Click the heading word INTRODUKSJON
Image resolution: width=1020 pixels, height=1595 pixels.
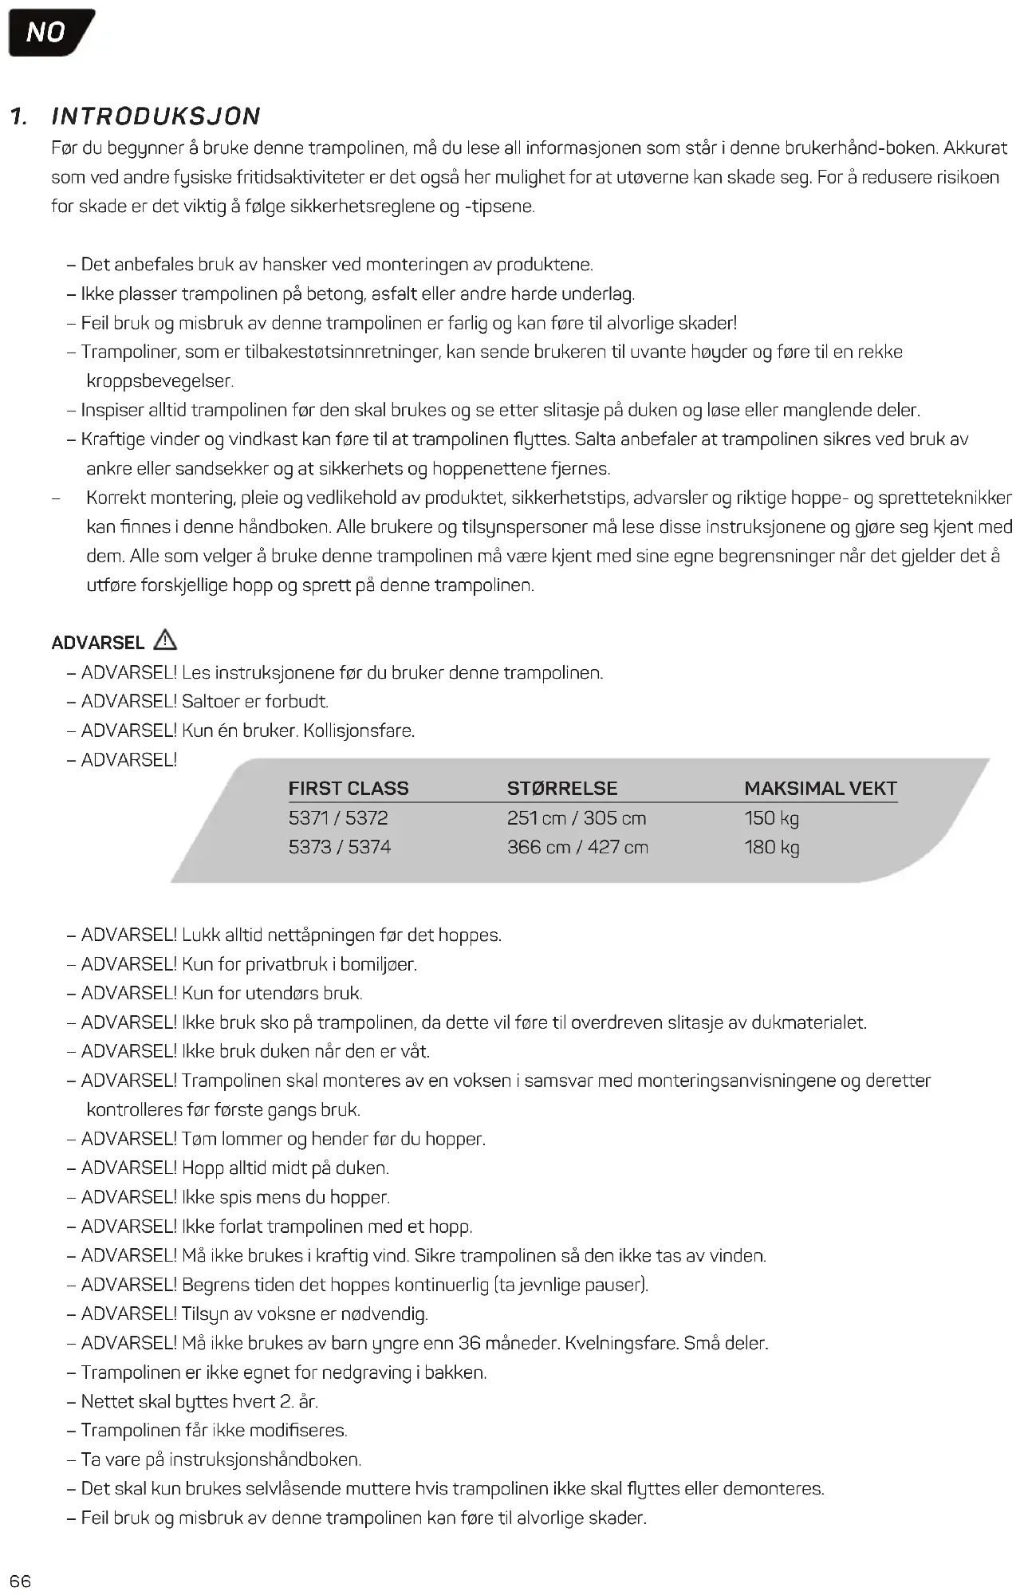point(156,116)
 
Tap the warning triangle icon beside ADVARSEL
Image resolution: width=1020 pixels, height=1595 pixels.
point(165,640)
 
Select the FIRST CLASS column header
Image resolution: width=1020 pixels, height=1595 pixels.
point(349,789)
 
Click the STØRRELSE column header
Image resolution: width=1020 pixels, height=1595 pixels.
point(562,789)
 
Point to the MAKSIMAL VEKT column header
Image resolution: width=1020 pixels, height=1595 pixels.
point(821,789)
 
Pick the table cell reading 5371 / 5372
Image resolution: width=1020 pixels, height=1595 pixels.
point(338,818)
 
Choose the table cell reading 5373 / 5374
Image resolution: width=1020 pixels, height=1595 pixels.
point(340,847)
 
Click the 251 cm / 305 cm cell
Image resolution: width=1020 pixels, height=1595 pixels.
point(577,818)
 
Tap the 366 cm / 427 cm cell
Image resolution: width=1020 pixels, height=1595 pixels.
point(577,847)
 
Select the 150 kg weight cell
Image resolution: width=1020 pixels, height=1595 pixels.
point(772,818)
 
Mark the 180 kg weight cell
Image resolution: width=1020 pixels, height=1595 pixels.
point(772,847)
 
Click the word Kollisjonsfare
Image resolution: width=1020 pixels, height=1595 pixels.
point(359,731)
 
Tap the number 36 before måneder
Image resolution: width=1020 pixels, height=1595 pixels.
point(470,1343)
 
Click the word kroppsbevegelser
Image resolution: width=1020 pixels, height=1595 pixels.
point(159,381)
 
